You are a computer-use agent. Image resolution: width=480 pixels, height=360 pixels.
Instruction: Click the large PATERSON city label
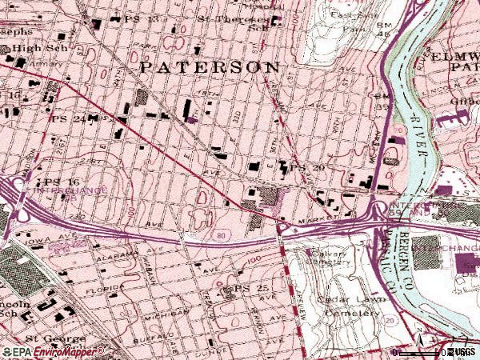210,67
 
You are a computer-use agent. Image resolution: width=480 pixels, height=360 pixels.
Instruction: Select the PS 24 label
67,119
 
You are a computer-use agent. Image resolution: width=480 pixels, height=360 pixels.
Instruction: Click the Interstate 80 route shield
221,235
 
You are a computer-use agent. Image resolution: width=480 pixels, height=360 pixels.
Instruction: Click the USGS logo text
462,351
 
